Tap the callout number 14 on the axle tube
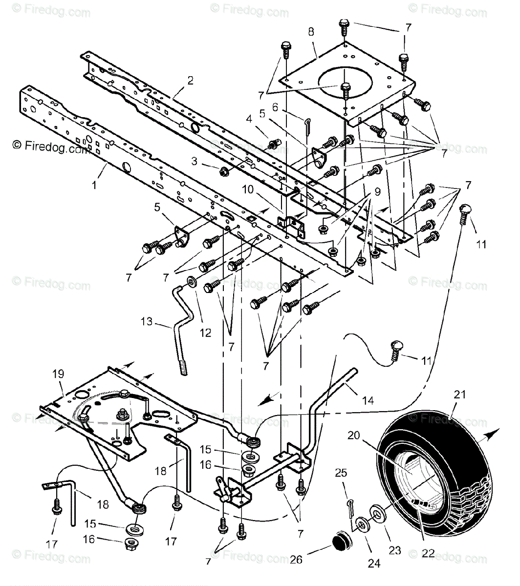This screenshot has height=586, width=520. pyautogui.click(x=368, y=400)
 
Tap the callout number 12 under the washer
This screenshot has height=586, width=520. pyautogui.click(x=205, y=333)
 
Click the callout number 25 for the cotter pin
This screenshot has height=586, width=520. pyautogui.click(x=341, y=473)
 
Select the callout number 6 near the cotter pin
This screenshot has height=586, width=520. pyautogui.click(x=289, y=107)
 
